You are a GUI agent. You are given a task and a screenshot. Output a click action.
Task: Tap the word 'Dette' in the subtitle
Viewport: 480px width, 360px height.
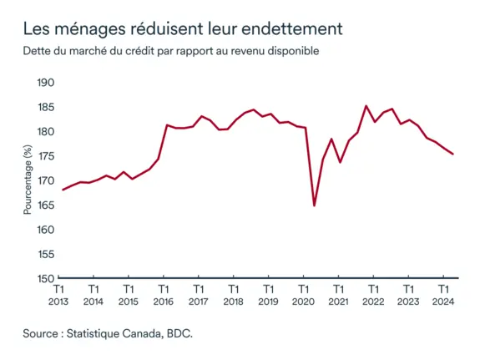[38, 51]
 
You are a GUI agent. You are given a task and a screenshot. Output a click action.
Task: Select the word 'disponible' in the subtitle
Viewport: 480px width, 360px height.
[292, 51]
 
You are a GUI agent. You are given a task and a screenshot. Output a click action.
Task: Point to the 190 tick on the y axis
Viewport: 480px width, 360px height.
[46, 83]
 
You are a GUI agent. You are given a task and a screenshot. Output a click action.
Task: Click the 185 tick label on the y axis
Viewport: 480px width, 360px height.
[46, 107]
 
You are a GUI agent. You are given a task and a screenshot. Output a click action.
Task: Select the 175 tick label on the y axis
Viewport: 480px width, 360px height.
[46, 156]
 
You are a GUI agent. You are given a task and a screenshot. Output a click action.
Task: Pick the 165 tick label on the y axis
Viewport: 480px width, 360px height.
[46, 205]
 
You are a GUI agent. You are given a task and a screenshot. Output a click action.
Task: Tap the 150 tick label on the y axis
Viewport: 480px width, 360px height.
[46, 279]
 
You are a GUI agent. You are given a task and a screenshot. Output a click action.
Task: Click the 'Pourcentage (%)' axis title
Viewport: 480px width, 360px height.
[28, 180]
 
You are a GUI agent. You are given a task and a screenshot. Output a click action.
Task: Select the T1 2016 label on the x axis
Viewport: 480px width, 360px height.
[164, 296]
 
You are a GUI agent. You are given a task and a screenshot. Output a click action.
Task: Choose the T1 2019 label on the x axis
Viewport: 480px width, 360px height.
[268, 296]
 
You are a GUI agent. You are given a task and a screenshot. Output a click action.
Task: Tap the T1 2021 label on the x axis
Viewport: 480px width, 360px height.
[337, 296]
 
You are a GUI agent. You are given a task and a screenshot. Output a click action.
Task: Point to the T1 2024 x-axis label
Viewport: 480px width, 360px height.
[442, 296]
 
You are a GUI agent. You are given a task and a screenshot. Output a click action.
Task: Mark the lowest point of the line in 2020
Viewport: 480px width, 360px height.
[314, 205]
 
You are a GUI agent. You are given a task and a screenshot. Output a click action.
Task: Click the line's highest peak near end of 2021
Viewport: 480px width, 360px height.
[366, 106]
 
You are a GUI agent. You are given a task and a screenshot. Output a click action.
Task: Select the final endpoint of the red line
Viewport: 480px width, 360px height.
[452, 154]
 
